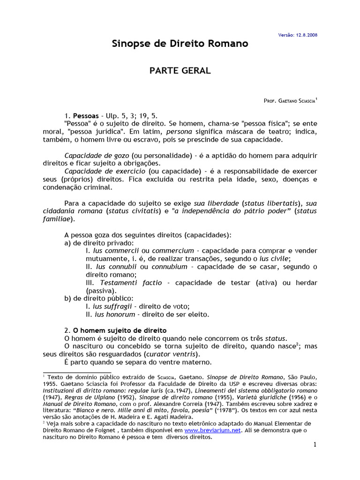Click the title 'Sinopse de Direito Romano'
[x=180, y=44]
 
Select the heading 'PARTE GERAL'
[x=180, y=71]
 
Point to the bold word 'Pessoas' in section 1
[x=86, y=115]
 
